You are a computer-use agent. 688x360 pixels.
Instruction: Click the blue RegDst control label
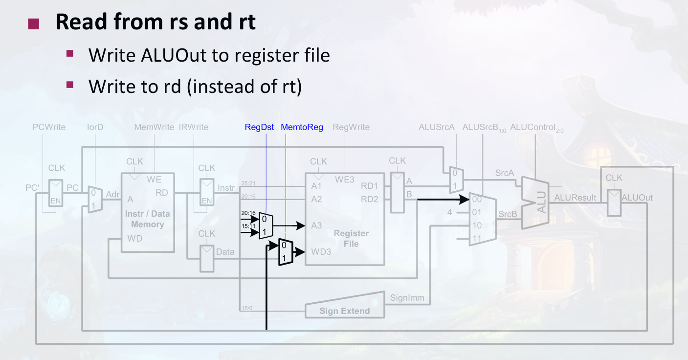[259, 128]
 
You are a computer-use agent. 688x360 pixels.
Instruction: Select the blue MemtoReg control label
[302, 128]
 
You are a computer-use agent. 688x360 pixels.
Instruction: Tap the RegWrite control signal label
[351, 128]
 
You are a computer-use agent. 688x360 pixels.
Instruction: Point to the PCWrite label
[49, 128]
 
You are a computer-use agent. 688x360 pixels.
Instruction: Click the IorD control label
[95, 128]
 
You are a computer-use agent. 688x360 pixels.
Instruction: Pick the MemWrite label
[154, 128]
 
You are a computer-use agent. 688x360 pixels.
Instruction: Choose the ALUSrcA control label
[437, 128]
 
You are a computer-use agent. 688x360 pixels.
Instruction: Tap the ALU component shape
[535, 202]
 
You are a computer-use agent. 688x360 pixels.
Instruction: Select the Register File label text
[351, 239]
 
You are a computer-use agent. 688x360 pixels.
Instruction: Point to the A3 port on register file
[316, 225]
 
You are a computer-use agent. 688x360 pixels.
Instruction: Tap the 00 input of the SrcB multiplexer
[476, 200]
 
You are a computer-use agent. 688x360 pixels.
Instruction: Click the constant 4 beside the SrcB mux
[450, 212]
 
